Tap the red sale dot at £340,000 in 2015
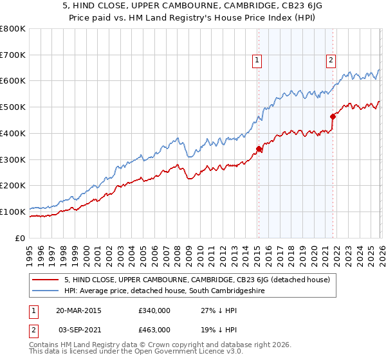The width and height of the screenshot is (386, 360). [x=259, y=149]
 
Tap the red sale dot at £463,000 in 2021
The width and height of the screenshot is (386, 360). [x=333, y=117]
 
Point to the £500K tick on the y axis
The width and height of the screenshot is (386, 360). [x=14, y=107]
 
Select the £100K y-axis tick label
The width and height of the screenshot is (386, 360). [x=14, y=212]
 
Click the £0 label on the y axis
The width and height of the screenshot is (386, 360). [x=19, y=238]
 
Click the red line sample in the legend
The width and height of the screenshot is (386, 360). [x=45, y=280]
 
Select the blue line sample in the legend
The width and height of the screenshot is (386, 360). [x=45, y=291]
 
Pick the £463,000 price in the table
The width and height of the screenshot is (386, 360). [x=154, y=329]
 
